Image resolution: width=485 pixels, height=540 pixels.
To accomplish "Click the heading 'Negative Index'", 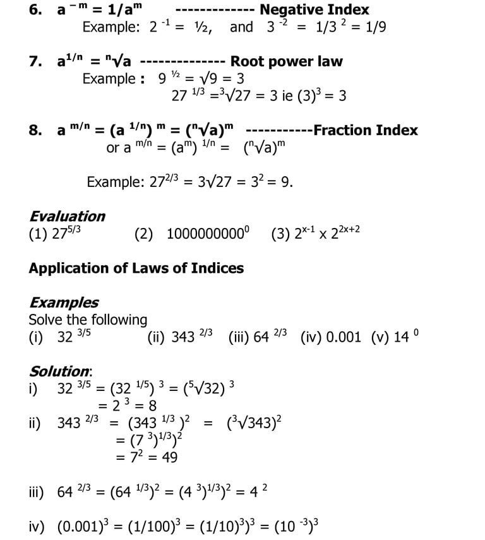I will click(314, 10).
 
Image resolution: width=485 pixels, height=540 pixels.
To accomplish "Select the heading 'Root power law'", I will click(286, 61).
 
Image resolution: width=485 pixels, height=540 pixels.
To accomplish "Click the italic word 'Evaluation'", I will click(68, 216).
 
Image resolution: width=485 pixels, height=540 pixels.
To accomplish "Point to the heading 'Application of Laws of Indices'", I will click(136, 268).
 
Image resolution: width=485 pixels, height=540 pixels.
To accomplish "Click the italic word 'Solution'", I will click(60, 371).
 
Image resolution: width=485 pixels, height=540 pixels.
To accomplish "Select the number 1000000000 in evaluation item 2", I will click(205, 234).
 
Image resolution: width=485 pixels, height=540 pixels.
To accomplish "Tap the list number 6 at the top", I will click(35, 10).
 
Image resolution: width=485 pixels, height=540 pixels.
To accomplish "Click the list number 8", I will click(35, 131).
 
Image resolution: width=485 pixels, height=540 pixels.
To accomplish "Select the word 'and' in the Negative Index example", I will click(241, 27).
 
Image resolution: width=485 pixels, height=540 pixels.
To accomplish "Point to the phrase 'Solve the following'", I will click(88, 320).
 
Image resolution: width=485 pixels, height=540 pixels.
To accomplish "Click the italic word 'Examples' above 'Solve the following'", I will click(64, 303).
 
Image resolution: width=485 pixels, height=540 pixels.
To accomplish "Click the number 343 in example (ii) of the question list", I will click(183, 337).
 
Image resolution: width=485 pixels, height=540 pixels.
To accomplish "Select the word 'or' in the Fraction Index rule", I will click(113, 148).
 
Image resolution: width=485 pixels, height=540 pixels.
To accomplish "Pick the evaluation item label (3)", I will click(280, 234).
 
